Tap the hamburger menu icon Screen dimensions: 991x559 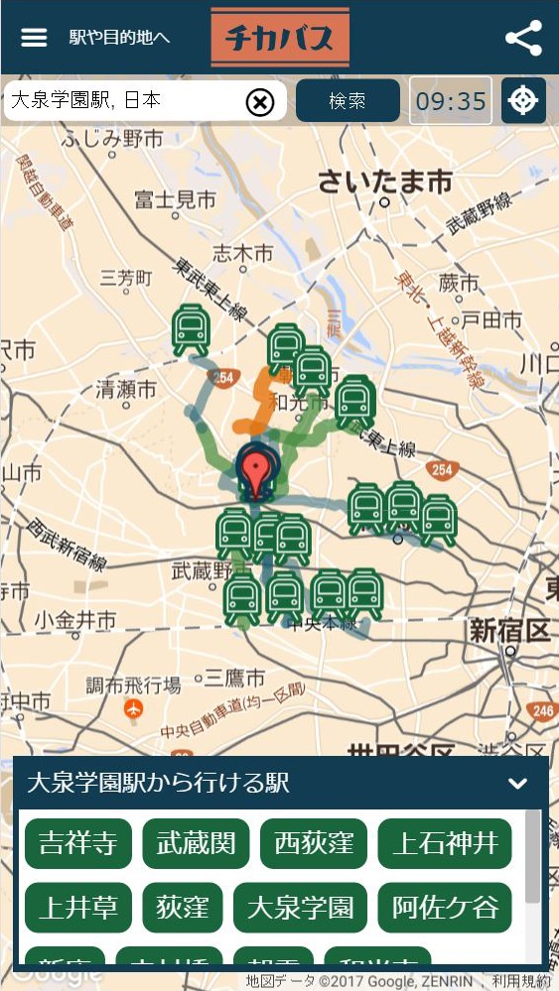pos(34,38)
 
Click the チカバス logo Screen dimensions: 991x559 pos(280,37)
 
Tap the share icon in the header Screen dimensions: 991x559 pos(523,38)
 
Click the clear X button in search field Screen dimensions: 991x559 pos(259,101)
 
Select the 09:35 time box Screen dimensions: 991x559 pos(451,101)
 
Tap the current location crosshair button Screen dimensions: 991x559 pos(523,101)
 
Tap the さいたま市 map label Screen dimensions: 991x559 pos(384,182)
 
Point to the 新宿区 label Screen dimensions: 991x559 pos(509,630)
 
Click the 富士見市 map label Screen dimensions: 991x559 pos(175,200)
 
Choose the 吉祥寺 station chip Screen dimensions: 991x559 pos(77,844)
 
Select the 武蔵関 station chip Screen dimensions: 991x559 pos(196,844)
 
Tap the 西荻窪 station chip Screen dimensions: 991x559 pos(313,844)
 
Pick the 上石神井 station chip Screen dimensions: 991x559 pos(444,844)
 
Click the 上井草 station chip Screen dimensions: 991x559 pos(77,908)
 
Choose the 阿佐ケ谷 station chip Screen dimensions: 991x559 pos(444,908)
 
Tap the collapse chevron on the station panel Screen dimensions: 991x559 pos(517,784)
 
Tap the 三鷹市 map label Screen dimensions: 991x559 pos(234,679)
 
